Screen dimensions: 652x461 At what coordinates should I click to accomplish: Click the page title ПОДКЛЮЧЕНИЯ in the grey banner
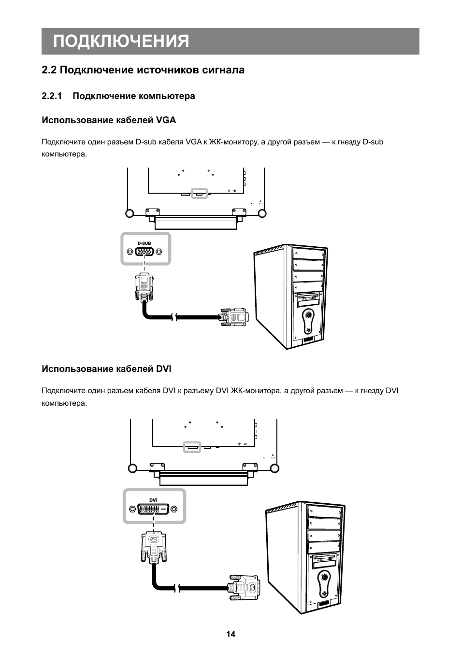pos(121,42)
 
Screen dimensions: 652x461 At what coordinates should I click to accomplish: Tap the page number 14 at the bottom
pos(230,634)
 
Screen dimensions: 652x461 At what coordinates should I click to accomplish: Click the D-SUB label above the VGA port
pos(144,244)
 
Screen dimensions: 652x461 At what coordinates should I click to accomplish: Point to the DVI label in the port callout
pos(153,500)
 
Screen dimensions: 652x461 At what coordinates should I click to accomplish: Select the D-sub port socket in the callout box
pos(145,252)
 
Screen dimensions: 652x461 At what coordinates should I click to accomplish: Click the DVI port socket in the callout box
pos(154,509)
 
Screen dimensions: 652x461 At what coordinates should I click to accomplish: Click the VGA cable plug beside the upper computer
pos(235,317)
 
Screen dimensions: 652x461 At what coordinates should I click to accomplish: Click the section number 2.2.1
pos(53,96)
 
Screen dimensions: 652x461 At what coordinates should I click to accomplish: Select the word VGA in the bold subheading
pos(167,120)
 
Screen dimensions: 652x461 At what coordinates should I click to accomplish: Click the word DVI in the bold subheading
pos(164,369)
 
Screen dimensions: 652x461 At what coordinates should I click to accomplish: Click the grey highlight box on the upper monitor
pos(199,193)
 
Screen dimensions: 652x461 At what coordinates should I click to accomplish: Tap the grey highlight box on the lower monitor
pos(192,447)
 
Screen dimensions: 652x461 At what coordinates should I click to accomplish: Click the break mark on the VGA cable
pos(174,317)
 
